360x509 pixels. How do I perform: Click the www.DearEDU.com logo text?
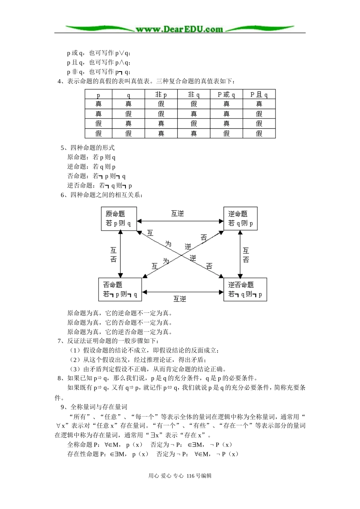pos(179,29)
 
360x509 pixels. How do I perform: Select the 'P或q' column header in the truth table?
pos(226,94)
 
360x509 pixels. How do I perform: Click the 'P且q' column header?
pos(259,94)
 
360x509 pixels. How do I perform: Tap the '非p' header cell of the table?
pos(161,94)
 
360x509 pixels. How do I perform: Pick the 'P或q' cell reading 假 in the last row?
pos(226,133)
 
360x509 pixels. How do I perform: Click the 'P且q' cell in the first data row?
pos(259,104)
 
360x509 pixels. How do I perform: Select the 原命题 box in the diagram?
pos(119,219)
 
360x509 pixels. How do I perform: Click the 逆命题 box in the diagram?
pos(240,219)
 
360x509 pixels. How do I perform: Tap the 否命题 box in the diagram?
pos(120,290)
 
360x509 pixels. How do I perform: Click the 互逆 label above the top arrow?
pos(177,214)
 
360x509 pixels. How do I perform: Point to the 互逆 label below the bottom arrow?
pos(180,299)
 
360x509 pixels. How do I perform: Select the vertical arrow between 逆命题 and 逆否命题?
pos(239,254)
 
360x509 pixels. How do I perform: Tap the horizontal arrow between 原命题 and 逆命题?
pos(180,220)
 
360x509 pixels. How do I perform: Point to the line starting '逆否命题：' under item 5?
pos(100,186)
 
